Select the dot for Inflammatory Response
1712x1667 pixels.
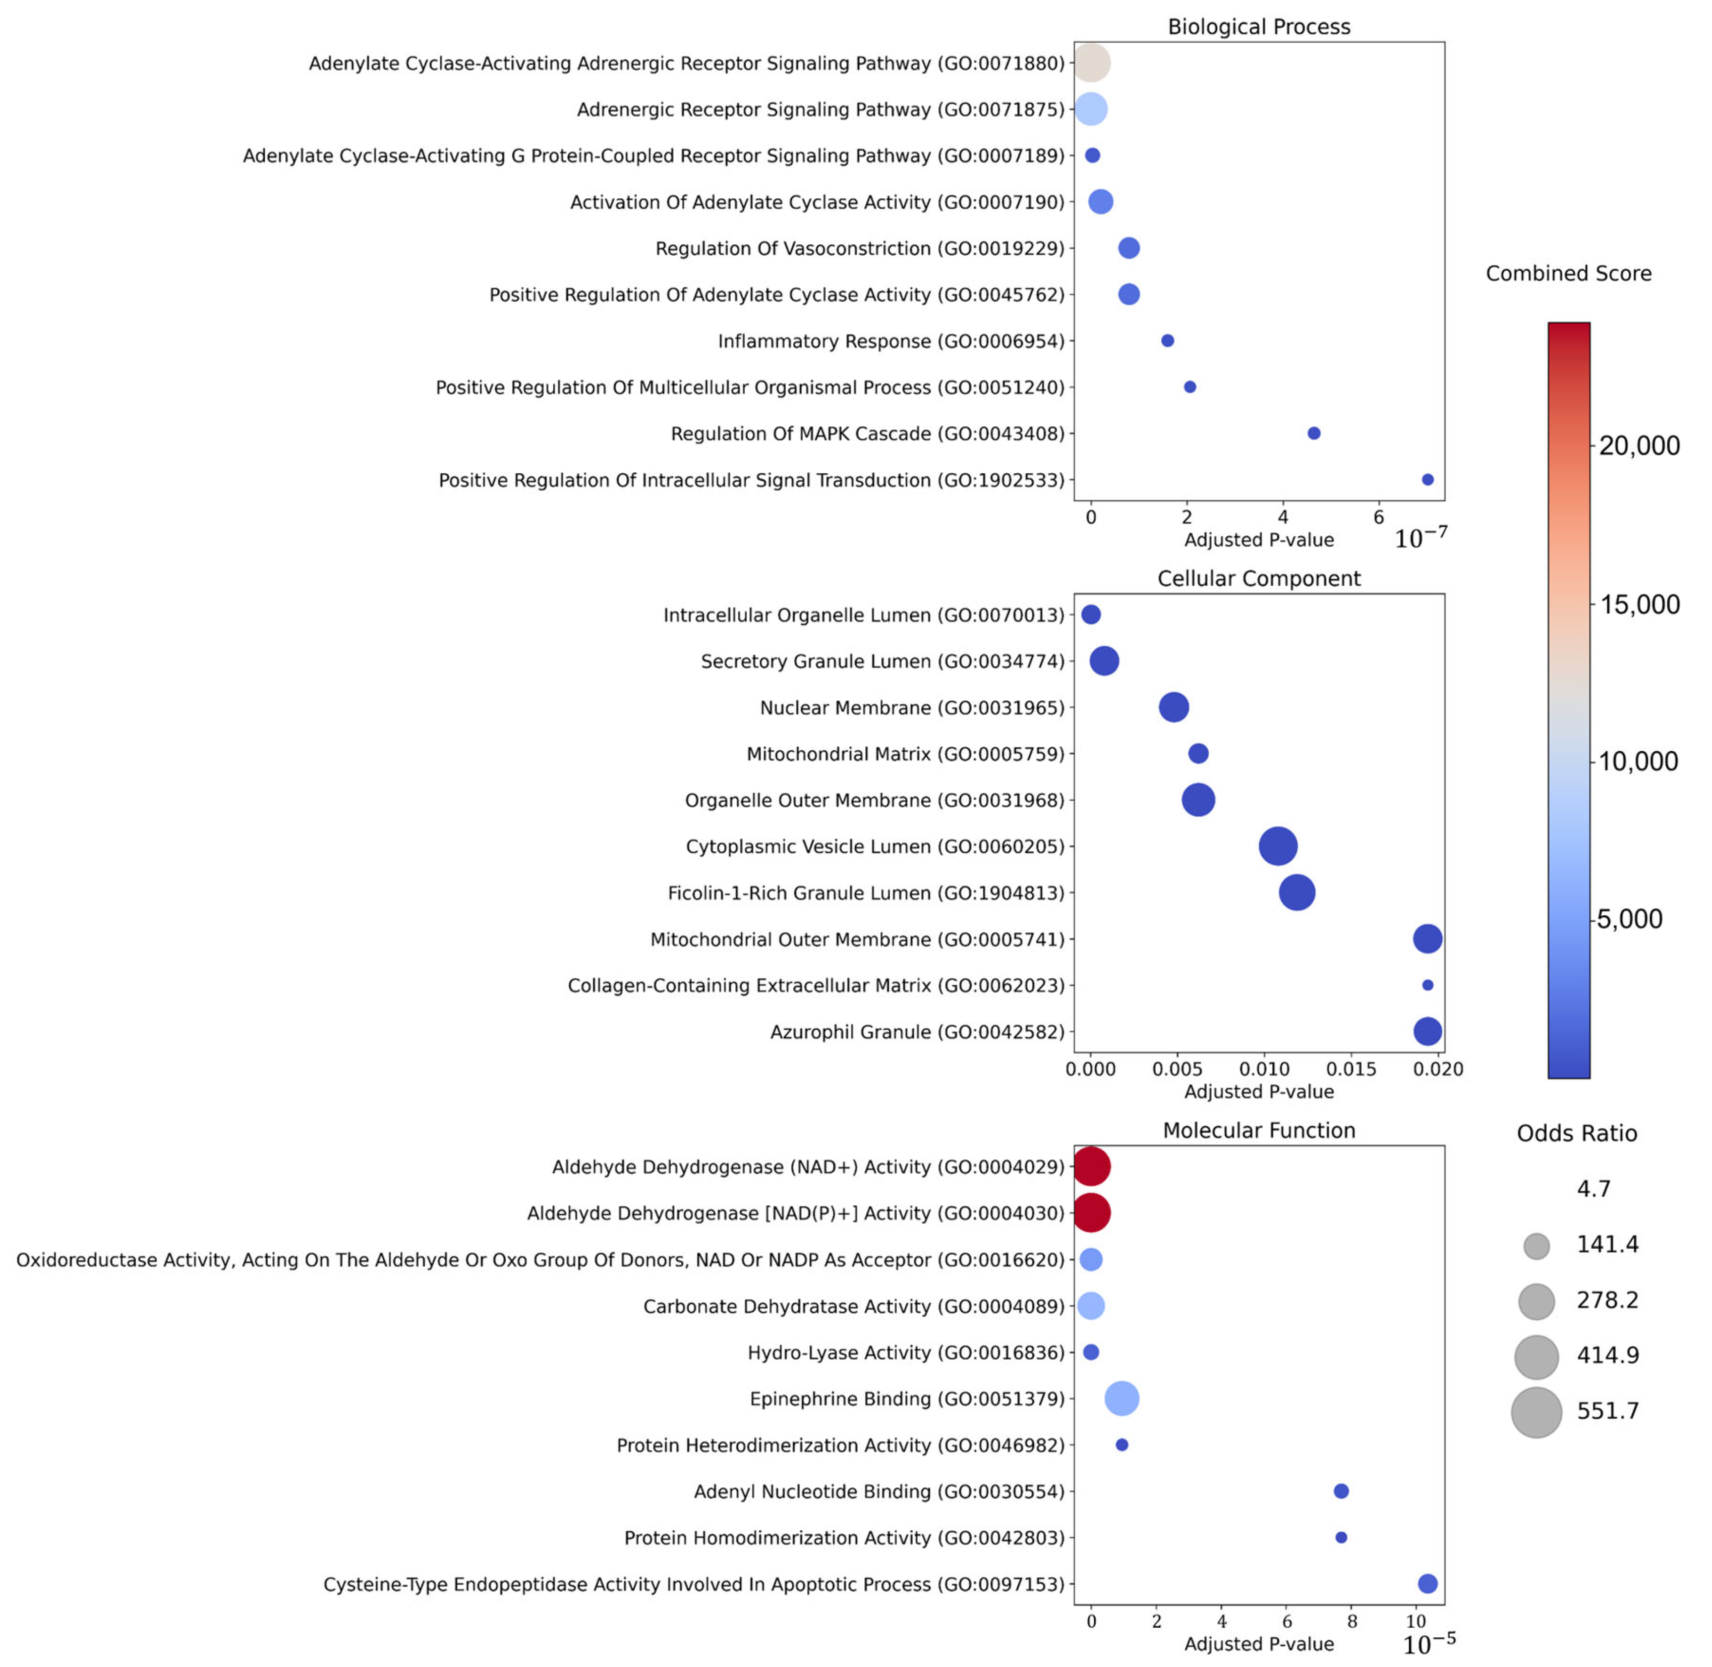[1167, 341]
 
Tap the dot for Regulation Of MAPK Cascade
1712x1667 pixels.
[1314, 433]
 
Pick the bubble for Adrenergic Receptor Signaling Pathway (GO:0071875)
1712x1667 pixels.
[1091, 109]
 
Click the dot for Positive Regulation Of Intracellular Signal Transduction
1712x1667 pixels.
[1428, 480]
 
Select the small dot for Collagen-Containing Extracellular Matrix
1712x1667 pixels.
[1428, 985]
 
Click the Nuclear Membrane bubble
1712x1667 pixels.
[1174, 707]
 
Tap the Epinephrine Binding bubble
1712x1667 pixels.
[1122, 1398]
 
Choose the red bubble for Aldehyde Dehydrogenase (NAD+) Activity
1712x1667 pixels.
[1091, 1167]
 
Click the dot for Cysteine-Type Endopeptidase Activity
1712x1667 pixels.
[1428, 1584]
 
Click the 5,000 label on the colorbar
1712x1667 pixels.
[1630, 918]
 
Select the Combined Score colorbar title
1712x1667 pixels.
[1568, 273]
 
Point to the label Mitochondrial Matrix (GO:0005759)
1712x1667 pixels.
[906, 754]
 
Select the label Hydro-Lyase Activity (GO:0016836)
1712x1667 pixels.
[906, 1353]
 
